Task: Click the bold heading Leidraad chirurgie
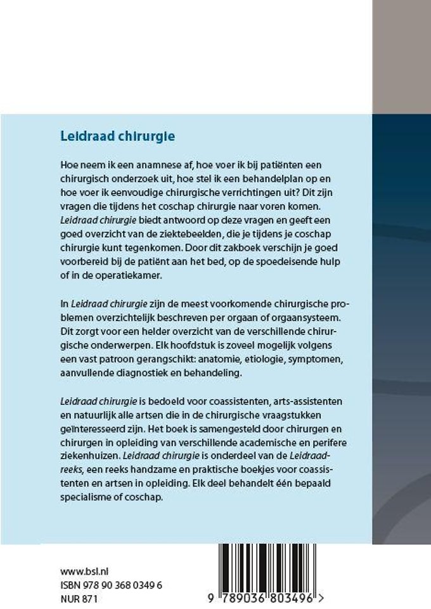point(117,136)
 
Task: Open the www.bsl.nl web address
point(84,572)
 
